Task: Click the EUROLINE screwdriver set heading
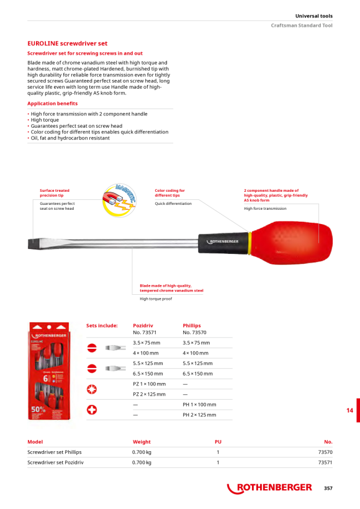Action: click(67, 43)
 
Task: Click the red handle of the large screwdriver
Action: click(292, 243)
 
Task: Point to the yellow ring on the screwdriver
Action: click(250, 243)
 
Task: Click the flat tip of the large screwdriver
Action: click(32, 243)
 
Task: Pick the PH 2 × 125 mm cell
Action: click(199, 415)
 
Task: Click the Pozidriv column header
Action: click(143, 326)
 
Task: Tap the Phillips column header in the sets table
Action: click(192, 326)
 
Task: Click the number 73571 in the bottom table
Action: click(325, 462)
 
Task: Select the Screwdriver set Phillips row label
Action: click(55, 452)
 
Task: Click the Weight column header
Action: click(142, 442)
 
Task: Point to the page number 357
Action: click(328, 489)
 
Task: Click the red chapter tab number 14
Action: click(349, 410)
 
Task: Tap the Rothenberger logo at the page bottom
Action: click(269, 488)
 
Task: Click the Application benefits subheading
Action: click(52, 104)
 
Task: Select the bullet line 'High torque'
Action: click(45, 120)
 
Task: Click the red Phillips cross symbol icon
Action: click(92, 410)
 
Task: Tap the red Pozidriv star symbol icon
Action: click(92, 389)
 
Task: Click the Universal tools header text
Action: click(314, 16)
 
